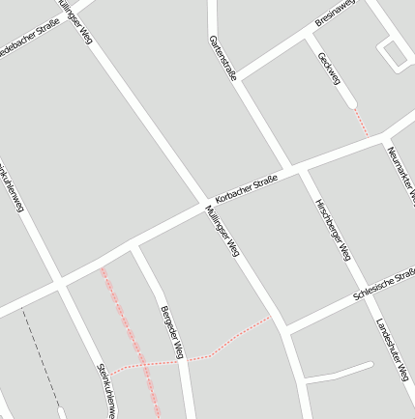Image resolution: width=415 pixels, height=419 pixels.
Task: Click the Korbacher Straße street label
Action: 247,188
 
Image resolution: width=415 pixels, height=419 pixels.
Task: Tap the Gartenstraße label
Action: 222,58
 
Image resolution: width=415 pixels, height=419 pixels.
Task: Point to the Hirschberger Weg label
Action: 332,231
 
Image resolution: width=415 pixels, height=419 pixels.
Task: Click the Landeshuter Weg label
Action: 393,349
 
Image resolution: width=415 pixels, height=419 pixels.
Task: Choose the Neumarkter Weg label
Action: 400,174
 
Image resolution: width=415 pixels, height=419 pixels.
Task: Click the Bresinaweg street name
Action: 336,13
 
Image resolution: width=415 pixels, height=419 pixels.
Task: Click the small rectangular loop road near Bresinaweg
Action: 394,54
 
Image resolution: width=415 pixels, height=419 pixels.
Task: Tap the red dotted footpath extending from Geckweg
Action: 361,121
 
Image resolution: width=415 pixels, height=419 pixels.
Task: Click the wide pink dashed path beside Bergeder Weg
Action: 131,338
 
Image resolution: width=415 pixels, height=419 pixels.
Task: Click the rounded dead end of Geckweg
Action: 350,102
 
